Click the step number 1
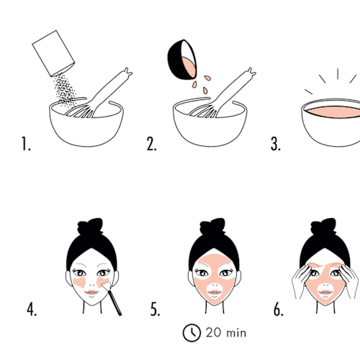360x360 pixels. tap(26, 144)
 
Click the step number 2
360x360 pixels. tap(151, 144)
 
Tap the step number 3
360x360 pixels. tap(276, 144)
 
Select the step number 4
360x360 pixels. tap(32, 309)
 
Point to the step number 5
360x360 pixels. tap(155, 309)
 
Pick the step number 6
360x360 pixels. tap(279, 309)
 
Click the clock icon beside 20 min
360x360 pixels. tap(192, 333)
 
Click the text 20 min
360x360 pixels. tap(226, 333)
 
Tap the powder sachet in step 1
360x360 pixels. tap(53, 53)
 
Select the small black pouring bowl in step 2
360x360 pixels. tap(182, 60)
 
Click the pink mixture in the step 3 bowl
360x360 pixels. tap(333, 112)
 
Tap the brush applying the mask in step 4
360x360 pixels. tap(112, 299)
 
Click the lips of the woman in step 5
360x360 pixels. tap(215, 292)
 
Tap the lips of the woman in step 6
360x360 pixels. tap(325, 292)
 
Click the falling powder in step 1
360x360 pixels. tap(64, 89)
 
